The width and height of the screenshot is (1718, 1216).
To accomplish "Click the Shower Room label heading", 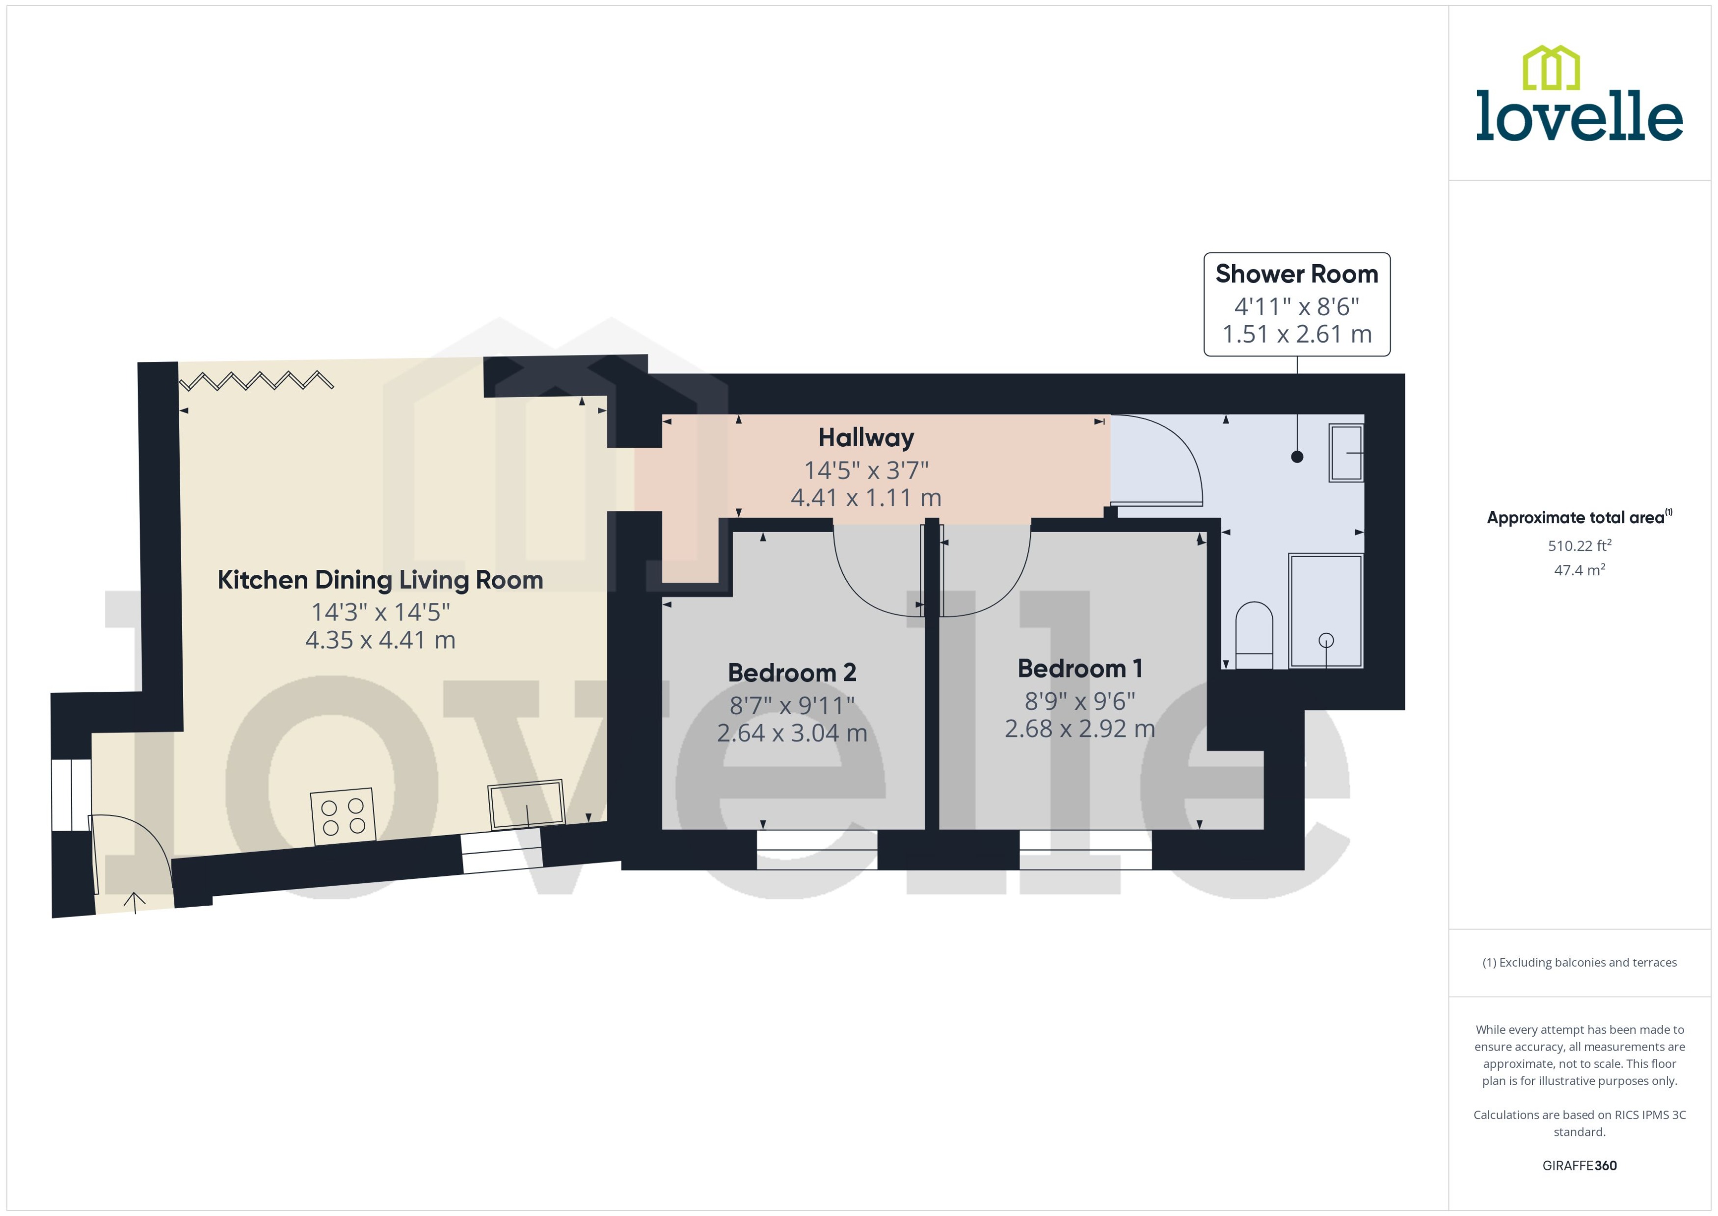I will [x=1296, y=274].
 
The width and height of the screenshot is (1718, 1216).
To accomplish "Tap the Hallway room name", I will [x=865, y=437].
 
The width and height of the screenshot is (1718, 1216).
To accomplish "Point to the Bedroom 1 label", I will [x=1079, y=668].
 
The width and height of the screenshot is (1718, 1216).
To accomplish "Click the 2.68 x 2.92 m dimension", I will [x=1079, y=729].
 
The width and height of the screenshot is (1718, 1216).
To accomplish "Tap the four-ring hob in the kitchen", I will [x=342, y=816].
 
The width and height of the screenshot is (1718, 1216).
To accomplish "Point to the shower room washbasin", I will [x=1345, y=452].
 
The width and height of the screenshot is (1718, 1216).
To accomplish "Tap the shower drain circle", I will [x=1326, y=640].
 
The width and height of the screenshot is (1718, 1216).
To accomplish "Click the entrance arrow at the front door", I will [x=135, y=902].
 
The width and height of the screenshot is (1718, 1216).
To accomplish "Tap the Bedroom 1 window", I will [x=1085, y=849].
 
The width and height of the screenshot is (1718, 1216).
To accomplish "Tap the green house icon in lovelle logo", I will [x=1551, y=68].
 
